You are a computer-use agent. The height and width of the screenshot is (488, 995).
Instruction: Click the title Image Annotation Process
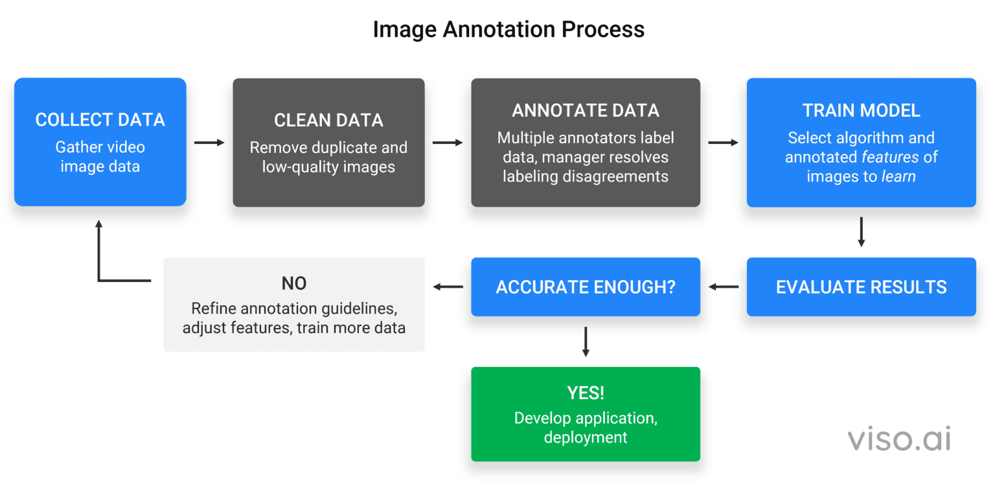click(509, 30)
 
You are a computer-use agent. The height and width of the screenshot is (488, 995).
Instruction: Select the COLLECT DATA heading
click(100, 120)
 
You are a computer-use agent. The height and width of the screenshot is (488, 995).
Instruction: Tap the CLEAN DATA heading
click(328, 121)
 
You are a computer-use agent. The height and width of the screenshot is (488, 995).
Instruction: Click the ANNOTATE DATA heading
click(585, 111)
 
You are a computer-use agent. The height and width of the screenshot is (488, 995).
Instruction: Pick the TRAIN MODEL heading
click(861, 111)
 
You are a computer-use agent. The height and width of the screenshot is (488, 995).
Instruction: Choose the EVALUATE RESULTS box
click(861, 287)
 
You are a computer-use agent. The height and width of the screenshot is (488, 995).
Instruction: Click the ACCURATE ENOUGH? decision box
click(585, 287)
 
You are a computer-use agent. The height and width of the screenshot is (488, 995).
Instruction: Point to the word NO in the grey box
click(293, 283)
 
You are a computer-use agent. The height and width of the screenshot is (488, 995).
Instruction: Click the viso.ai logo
click(899, 439)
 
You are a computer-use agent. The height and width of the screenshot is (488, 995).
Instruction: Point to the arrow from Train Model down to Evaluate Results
click(861, 232)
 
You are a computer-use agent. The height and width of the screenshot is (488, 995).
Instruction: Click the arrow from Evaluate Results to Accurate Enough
click(723, 286)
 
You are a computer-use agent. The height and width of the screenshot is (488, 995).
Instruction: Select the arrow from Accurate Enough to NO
click(448, 286)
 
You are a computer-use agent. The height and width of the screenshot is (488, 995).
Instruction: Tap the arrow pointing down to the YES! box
click(586, 342)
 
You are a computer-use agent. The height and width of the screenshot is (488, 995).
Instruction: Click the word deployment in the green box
click(585, 437)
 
